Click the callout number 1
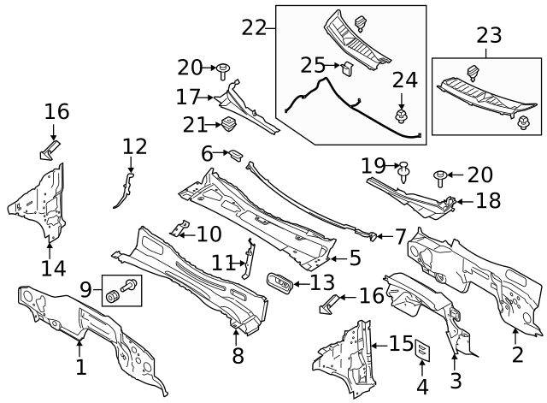80,368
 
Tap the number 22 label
255,27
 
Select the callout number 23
490,36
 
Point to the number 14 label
53,269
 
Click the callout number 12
134,146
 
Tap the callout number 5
355,257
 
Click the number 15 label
401,343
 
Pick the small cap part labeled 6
232,154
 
